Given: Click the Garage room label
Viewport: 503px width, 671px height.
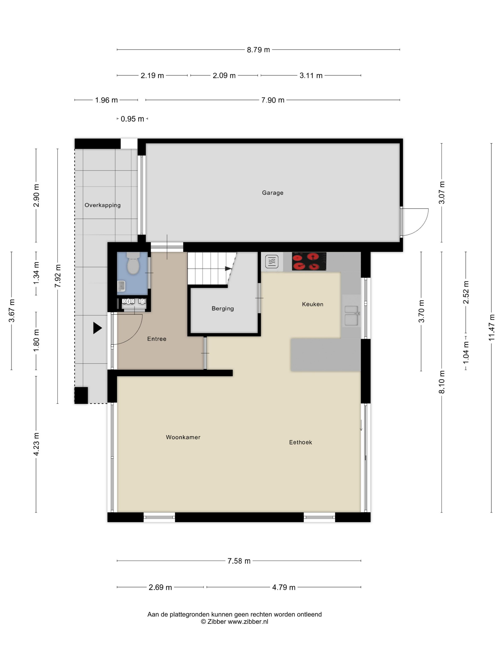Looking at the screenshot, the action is [x=273, y=193].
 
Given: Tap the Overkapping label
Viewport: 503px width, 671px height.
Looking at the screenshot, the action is [x=103, y=205].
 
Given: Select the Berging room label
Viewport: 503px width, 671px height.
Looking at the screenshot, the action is [x=223, y=308].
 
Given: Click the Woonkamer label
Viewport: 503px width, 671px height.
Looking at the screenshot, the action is [x=183, y=437].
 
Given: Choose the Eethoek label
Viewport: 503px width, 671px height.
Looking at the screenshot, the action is [x=300, y=442].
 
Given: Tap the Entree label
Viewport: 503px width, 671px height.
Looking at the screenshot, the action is [x=157, y=339].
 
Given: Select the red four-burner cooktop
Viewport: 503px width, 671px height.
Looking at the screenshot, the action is [x=309, y=261].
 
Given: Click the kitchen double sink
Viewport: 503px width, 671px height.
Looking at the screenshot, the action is [x=352, y=316].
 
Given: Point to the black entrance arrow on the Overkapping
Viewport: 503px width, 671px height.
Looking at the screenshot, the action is [x=97, y=328].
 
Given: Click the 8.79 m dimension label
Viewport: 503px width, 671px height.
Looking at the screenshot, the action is [x=258, y=50].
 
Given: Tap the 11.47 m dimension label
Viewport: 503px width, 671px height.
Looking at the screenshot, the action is [x=492, y=327].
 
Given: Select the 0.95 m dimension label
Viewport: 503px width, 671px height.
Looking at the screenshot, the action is [x=132, y=119].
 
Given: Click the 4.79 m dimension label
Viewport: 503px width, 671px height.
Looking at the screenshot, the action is [x=284, y=587].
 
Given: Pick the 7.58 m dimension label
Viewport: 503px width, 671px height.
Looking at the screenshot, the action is [x=239, y=561].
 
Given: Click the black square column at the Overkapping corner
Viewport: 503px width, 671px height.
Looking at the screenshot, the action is [x=81, y=395].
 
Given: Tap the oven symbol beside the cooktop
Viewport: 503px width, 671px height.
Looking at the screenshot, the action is [x=272, y=261].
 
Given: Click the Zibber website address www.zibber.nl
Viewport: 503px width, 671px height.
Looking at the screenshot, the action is [x=248, y=622].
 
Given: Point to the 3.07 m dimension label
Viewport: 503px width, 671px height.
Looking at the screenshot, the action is [x=442, y=193].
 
